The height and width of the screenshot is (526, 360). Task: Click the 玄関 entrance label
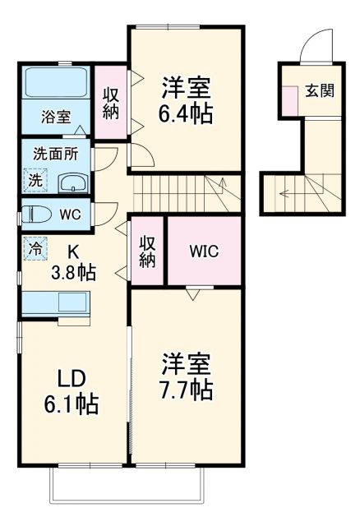(x=321, y=90)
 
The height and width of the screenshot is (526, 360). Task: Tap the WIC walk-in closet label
(x=204, y=251)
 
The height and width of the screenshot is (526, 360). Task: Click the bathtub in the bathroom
(x=56, y=82)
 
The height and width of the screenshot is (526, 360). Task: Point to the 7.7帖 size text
(x=187, y=388)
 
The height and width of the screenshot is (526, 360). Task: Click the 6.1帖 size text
(x=72, y=404)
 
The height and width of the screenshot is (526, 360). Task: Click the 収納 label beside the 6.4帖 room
(x=110, y=103)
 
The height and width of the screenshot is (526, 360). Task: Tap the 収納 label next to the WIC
(x=147, y=251)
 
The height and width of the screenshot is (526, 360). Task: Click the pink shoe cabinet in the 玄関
(x=289, y=99)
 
